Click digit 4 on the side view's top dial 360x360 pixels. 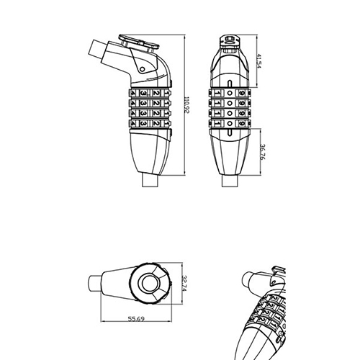pos(130,93)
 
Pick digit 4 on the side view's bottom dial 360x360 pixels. pos(130,123)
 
